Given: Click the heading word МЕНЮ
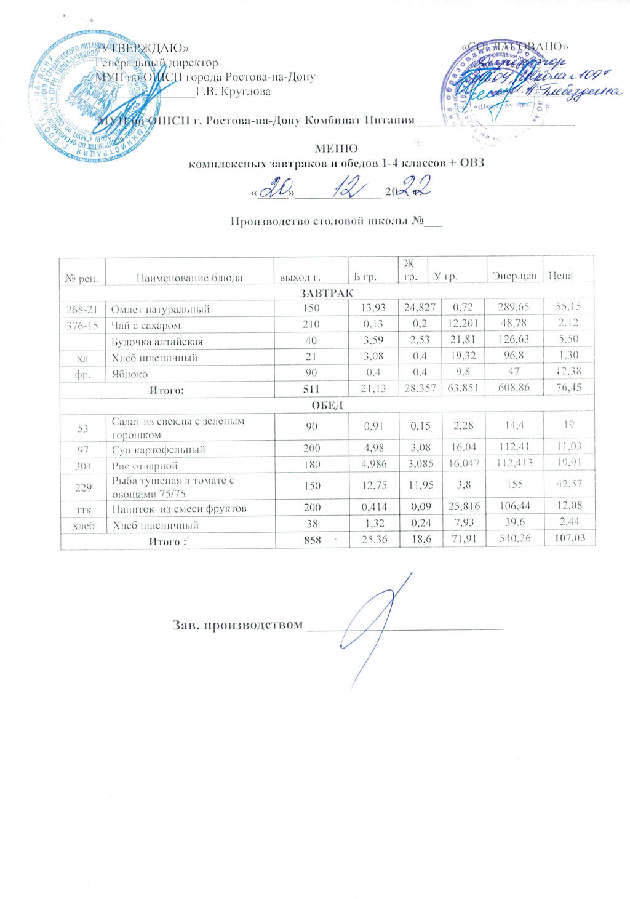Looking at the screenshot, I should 336,148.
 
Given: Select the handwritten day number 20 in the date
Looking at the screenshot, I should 273,186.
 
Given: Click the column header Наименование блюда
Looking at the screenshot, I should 189,278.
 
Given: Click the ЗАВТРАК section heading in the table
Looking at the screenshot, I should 326,292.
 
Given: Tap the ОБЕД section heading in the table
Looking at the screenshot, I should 327,405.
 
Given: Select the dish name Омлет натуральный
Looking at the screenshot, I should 161,309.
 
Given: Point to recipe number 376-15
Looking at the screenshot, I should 82,325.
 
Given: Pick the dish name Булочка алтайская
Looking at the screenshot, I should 157,342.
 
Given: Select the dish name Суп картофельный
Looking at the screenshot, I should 158,450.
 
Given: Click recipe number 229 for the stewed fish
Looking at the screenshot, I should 82,487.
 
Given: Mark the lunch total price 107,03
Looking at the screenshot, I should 569,538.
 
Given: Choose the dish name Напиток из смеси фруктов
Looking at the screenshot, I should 179,509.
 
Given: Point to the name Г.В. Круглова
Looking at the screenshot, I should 233,92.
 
